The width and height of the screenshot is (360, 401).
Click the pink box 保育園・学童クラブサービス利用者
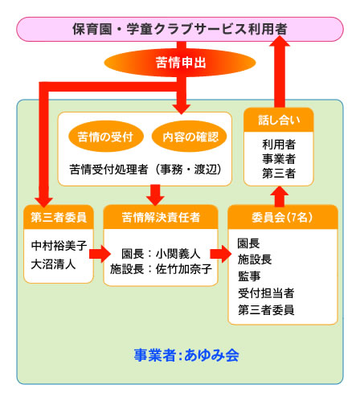(x=180, y=30)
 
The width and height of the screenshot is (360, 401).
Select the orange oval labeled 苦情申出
(x=179, y=62)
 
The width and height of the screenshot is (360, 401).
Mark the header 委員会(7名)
(x=276, y=216)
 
